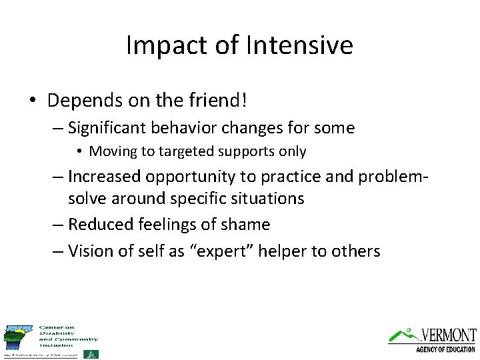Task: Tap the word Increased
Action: pos(103,177)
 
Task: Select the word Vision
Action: pos(89,251)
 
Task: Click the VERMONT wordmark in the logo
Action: pos(448,335)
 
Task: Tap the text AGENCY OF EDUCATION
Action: pos(445,349)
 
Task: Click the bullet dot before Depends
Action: pos(32,101)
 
